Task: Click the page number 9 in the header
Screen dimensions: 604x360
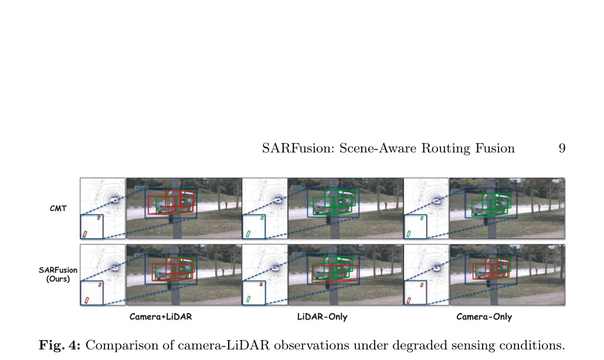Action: point(562,148)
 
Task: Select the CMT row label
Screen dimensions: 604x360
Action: point(58,208)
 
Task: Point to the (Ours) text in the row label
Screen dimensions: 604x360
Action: point(58,279)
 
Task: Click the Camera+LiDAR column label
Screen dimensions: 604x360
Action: point(161,317)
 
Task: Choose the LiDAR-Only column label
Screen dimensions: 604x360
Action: point(322,317)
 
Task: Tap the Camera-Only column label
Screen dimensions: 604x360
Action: point(484,317)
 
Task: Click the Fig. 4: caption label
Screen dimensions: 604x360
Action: point(60,345)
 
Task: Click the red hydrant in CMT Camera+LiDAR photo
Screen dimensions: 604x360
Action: point(226,208)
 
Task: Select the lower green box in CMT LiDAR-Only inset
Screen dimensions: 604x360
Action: point(248,234)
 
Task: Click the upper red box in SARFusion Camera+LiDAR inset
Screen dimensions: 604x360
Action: point(100,284)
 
